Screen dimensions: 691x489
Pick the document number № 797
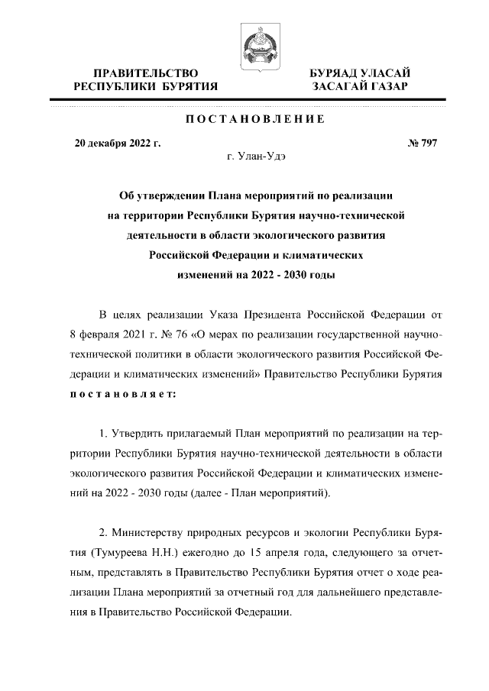point(423,143)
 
